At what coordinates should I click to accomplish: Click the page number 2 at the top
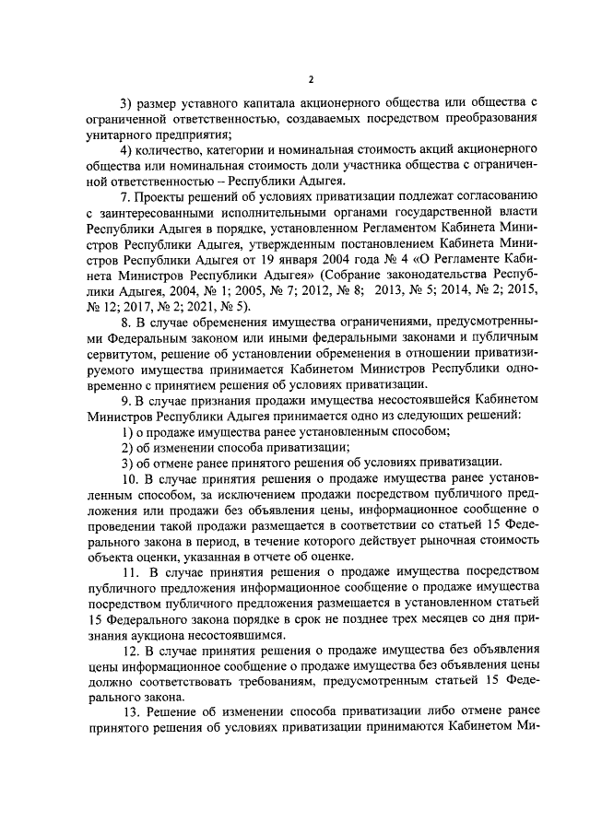311,54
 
